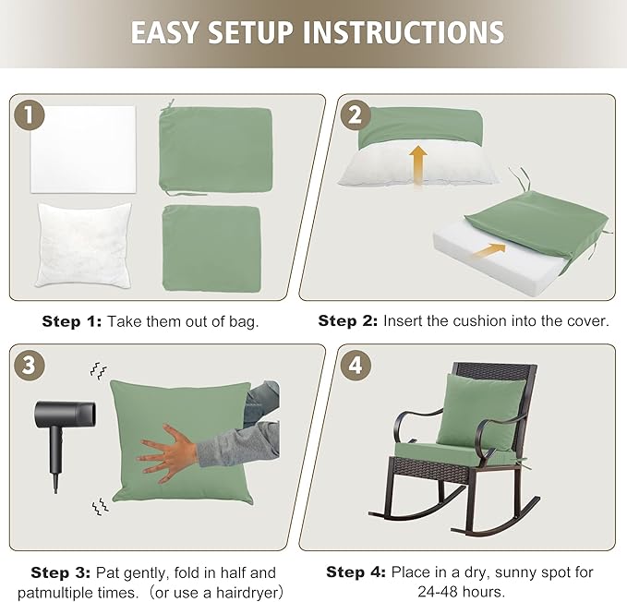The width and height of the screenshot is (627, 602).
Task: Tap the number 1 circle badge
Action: [x=30, y=115]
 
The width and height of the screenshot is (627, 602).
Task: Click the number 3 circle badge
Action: [x=30, y=364]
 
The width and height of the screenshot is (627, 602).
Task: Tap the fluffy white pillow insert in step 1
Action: [x=83, y=244]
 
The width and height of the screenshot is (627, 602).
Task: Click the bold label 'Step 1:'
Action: [x=71, y=321]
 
